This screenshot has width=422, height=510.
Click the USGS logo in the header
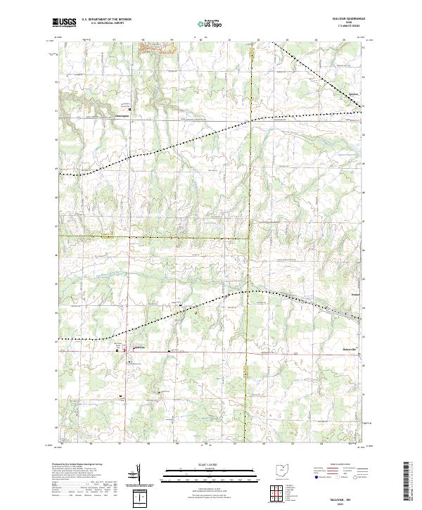click(64, 23)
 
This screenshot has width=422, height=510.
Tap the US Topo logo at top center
click(210, 23)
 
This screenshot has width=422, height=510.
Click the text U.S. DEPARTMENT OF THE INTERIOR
click(106, 20)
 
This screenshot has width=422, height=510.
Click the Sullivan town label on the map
click(139, 346)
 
